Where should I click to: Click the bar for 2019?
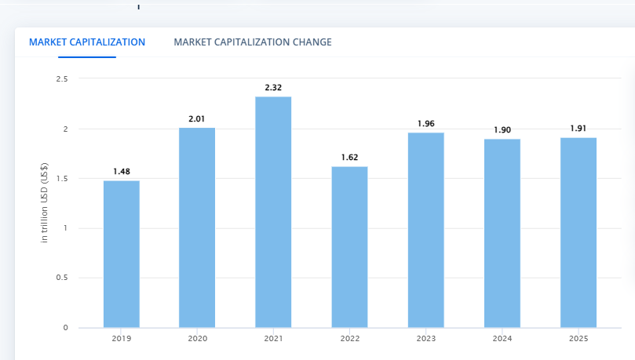pyautogui.click(x=122, y=254)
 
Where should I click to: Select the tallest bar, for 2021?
pyautogui.click(x=273, y=212)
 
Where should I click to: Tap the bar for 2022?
pyautogui.click(x=349, y=247)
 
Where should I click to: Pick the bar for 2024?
pyautogui.click(x=502, y=233)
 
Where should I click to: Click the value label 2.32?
pyautogui.click(x=273, y=87)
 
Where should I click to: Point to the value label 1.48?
pyautogui.click(x=122, y=171)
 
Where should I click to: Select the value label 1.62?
pyautogui.click(x=349, y=157)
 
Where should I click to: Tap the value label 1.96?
pyautogui.click(x=426, y=123)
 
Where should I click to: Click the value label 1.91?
pyautogui.click(x=578, y=128)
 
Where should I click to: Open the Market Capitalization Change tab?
pyautogui.click(x=253, y=42)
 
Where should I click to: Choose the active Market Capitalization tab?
pyautogui.click(x=87, y=42)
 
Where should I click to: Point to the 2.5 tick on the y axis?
pyautogui.click(x=62, y=79)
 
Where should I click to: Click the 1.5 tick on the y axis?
pyautogui.click(x=62, y=179)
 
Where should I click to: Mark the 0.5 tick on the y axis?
pyautogui.click(x=62, y=278)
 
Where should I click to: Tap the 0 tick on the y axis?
pyautogui.click(x=65, y=328)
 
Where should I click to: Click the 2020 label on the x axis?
pyautogui.click(x=197, y=339)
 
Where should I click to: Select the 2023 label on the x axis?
pyautogui.click(x=426, y=339)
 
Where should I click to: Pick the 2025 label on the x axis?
pyautogui.click(x=578, y=339)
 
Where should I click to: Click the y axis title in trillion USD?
pyautogui.click(x=45, y=202)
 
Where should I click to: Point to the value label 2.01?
pyautogui.click(x=197, y=118)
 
